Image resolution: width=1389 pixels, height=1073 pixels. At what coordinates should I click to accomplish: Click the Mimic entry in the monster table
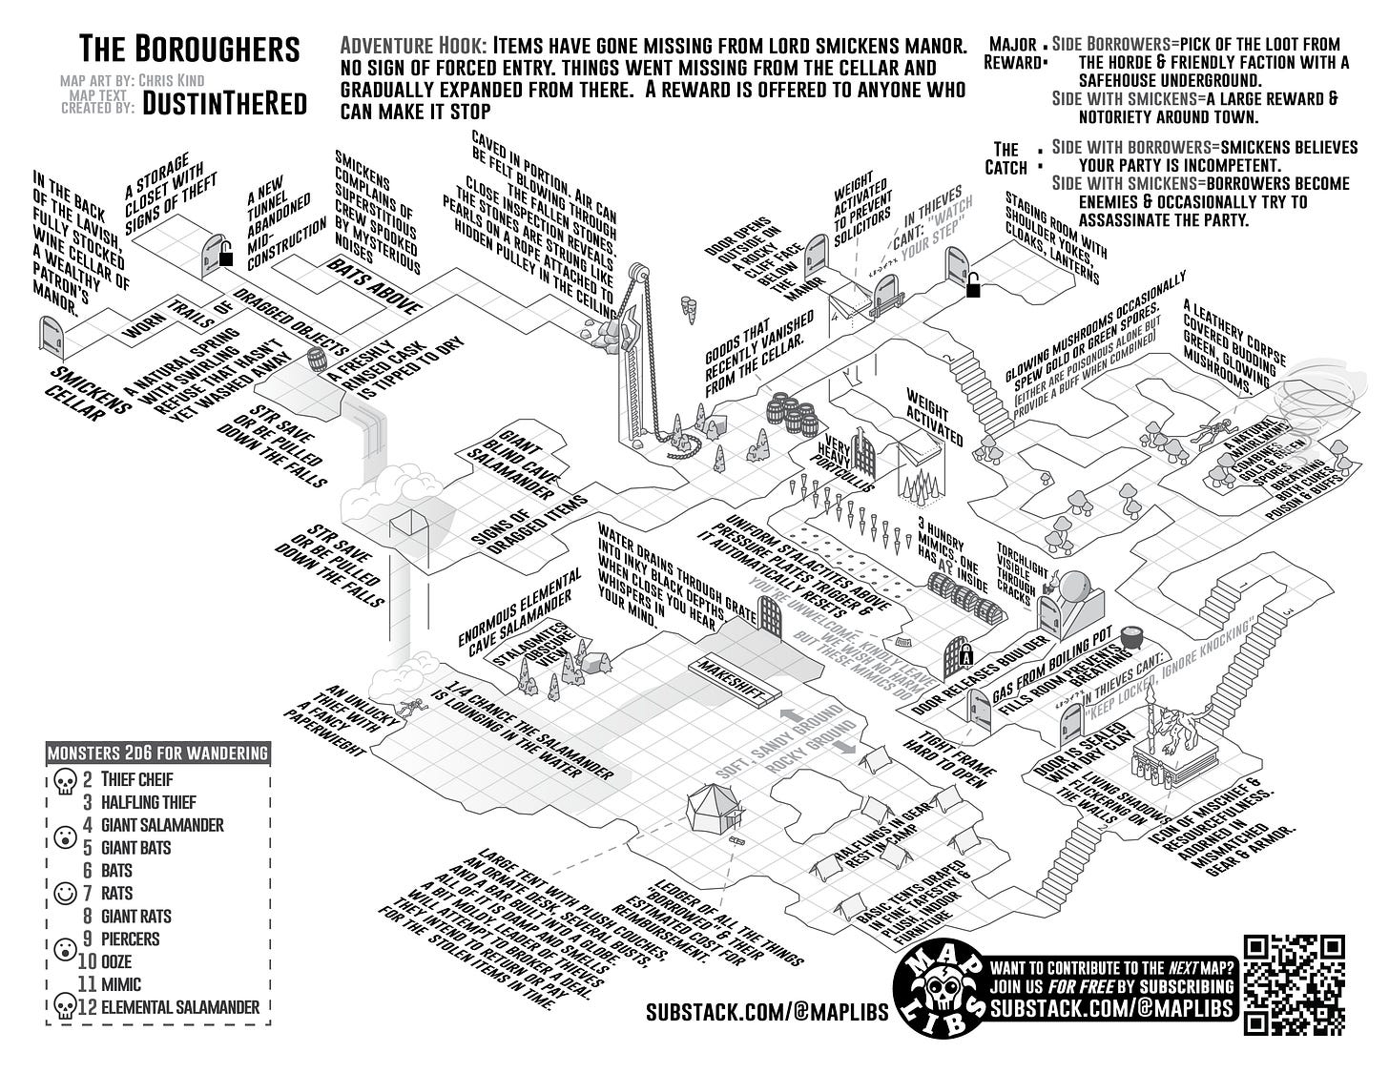[x=121, y=984]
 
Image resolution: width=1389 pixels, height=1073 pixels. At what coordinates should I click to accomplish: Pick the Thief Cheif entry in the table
[x=136, y=779]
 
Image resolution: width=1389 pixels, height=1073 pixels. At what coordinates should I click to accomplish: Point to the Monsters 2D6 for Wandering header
[x=157, y=753]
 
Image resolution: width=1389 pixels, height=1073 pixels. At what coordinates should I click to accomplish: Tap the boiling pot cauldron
[x=1131, y=639]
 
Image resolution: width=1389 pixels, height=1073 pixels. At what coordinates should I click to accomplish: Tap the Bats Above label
[x=375, y=283]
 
